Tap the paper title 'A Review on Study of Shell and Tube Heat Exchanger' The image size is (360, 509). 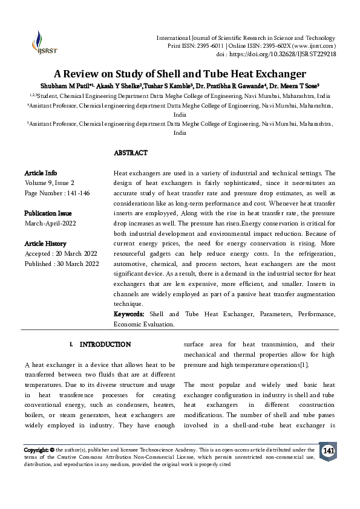(180, 74)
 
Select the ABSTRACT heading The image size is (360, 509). (131, 153)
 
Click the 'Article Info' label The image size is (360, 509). (41, 173)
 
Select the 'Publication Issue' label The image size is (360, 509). (48, 213)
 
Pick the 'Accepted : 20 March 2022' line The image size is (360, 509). (61, 253)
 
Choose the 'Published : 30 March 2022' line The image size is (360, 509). (61, 264)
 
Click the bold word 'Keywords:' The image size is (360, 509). (129, 314)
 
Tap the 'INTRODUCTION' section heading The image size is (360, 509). (105, 345)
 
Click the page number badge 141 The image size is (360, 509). (328, 452)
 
